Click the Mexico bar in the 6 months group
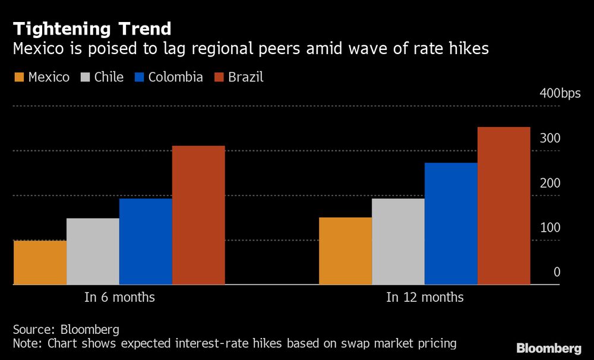coord(40,263)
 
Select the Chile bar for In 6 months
coord(93,251)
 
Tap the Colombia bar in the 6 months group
coord(146,241)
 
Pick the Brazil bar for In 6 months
coord(198,215)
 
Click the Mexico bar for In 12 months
coord(345,251)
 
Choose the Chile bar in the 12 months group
coord(398,241)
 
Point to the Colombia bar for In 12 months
coord(451,223)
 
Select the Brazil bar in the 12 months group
coord(504,206)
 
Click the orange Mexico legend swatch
coord(18,78)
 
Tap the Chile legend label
coord(109,77)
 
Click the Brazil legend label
coord(245,77)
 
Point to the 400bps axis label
coord(560,93)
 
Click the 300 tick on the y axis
coord(550,138)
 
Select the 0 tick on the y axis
coord(557,272)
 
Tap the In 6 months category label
coord(119,297)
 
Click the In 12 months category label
coord(425,297)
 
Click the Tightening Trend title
coord(92,29)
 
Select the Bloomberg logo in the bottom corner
coord(549,348)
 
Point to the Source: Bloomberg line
coord(66,330)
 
